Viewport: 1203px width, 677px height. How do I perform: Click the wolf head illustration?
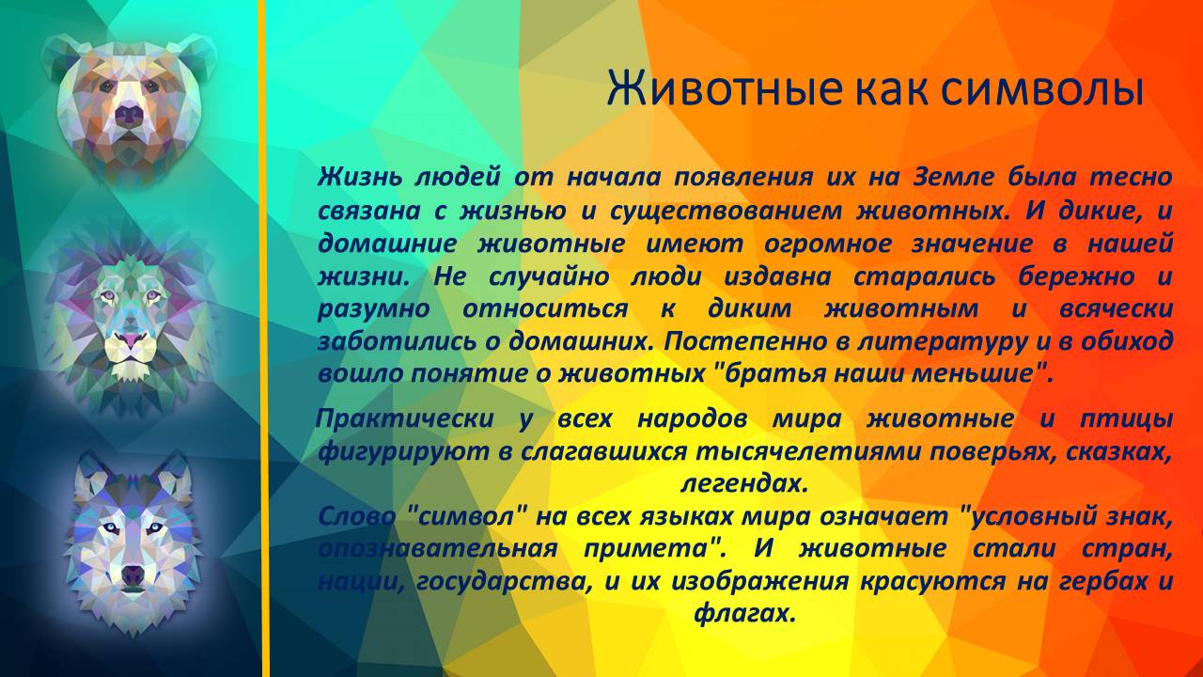(x=132, y=541)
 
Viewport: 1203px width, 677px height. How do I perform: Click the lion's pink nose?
(x=129, y=337)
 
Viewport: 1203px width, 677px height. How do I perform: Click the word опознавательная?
(x=438, y=548)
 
